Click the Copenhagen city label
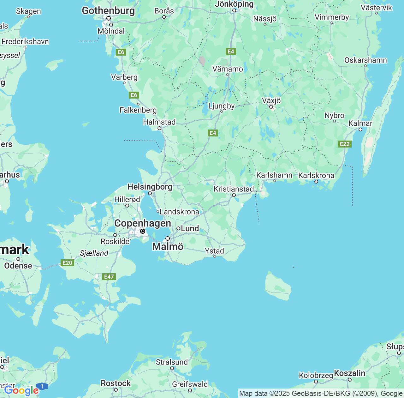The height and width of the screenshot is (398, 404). coord(143,223)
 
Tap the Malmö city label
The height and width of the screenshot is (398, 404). coord(168,246)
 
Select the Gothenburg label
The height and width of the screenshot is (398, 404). coord(108,10)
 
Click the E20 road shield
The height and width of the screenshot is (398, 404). coord(67,262)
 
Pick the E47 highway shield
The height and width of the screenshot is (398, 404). coord(109,277)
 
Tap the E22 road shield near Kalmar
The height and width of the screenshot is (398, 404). coord(345,144)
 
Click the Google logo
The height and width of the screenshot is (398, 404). coord(21,390)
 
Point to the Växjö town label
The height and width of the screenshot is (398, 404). coord(271,100)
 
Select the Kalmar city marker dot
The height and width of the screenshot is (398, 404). coord(360,129)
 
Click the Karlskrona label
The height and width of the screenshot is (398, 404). coord(316,175)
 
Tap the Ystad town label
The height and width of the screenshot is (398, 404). coord(214,251)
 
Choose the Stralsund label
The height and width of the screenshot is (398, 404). coord(172,362)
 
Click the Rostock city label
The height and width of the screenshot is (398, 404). coord(116,383)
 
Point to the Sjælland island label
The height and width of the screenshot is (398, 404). coord(94,253)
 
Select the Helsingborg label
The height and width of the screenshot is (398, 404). coord(150,187)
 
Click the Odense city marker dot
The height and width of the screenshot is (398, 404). coord(18,259)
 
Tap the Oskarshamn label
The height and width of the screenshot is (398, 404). coord(365,60)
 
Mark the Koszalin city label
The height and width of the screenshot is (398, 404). coord(349,373)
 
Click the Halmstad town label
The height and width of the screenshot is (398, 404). coord(159,122)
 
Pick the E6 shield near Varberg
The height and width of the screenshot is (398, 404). coord(134,95)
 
